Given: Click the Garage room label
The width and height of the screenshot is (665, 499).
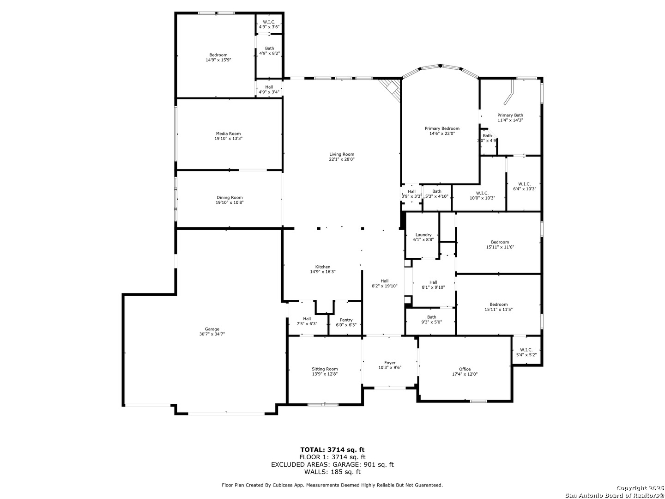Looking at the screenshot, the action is pyautogui.click(x=212, y=329).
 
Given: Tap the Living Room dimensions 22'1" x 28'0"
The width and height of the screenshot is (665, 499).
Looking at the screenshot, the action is pyautogui.click(x=342, y=159).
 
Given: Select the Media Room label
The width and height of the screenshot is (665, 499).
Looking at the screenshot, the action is pyautogui.click(x=228, y=134).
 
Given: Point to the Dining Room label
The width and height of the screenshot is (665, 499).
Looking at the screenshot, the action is pyautogui.click(x=230, y=198).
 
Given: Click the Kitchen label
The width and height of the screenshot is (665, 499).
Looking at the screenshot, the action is pyautogui.click(x=323, y=267).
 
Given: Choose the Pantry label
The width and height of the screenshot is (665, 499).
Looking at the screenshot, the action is pyautogui.click(x=346, y=320).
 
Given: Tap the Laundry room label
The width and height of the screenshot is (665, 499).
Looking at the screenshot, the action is pyautogui.click(x=423, y=235).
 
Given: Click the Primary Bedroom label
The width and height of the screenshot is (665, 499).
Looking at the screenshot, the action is pyautogui.click(x=442, y=128).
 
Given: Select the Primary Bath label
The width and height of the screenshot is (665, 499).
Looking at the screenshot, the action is pyautogui.click(x=510, y=115).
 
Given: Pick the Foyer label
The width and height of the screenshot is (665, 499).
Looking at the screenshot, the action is pyautogui.click(x=390, y=363).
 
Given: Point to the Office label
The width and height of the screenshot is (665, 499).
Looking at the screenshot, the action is pyautogui.click(x=465, y=369).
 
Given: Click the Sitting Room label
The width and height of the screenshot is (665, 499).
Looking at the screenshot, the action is pyautogui.click(x=325, y=369).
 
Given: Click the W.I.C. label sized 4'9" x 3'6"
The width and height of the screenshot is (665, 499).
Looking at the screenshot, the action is pyautogui.click(x=269, y=22).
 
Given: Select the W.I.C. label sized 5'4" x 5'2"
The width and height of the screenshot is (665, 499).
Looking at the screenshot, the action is pyautogui.click(x=526, y=350).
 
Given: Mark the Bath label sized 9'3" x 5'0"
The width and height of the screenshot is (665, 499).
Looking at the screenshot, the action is pyautogui.click(x=431, y=317).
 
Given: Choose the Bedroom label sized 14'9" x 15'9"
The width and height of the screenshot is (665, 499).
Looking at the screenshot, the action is pyautogui.click(x=218, y=55).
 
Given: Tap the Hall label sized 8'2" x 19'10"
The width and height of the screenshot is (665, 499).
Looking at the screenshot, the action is pyautogui.click(x=385, y=281).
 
